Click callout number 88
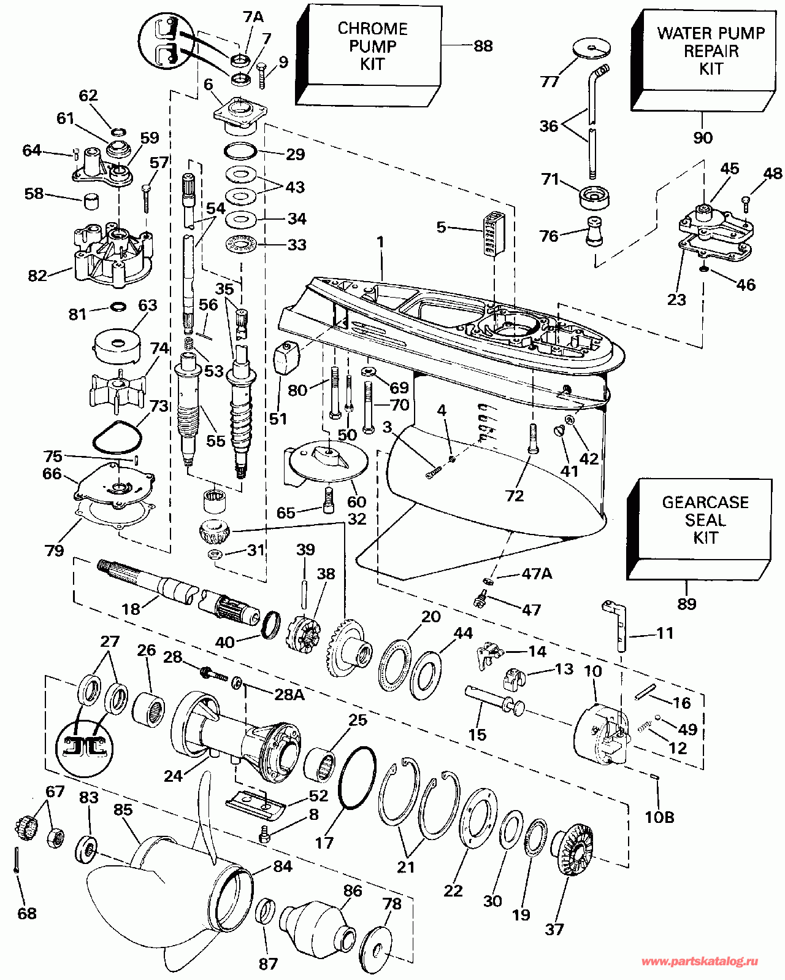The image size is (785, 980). click(x=483, y=46)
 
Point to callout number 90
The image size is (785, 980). click(x=703, y=137)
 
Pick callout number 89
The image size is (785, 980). click(x=687, y=604)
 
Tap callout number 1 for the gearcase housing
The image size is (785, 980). click(x=380, y=242)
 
